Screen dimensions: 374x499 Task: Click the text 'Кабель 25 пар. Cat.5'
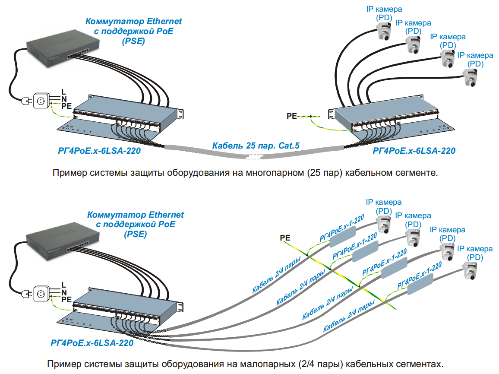coord(256,146)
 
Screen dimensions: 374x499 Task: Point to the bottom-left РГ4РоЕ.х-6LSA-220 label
coord(92,344)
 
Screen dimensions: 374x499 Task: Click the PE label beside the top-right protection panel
coord(292,116)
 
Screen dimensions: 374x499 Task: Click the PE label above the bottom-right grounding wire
coord(285,238)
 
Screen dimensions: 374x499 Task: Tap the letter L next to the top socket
coord(64,92)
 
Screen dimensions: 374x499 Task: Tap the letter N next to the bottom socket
coord(64,292)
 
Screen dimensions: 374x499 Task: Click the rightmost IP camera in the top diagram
coord(471,77)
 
